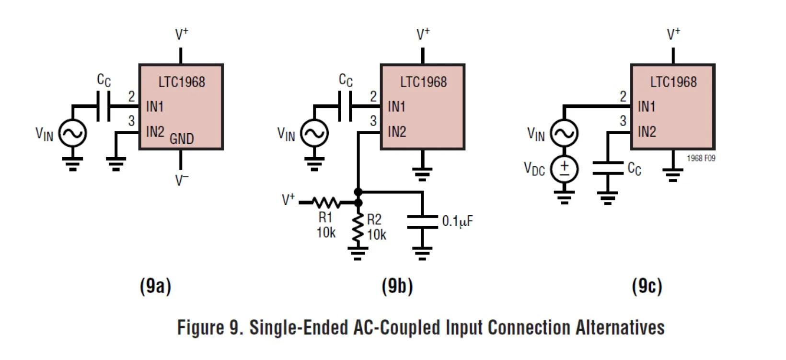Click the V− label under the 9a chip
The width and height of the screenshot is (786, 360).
[182, 180]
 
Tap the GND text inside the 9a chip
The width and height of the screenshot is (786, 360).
[182, 139]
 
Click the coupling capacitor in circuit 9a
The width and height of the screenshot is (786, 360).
[104, 106]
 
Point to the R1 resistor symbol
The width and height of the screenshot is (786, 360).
[326, 203]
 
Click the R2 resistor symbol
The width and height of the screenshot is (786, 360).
[358, 228]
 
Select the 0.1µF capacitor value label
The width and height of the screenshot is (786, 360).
[457, 221]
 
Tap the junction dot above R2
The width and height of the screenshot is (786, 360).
[358, 192]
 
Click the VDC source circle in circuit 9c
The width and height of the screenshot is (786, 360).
[564, 169]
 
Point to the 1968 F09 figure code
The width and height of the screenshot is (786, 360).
[701, 158]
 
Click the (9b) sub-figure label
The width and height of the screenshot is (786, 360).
[397, 286]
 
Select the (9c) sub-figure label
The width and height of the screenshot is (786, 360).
[647, 286]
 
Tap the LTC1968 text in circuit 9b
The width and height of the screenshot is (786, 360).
[423, 82]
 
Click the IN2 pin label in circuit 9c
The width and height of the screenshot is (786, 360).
[647, 131]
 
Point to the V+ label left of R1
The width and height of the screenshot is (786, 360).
[289, 199]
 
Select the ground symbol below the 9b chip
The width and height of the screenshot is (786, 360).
[422, 173]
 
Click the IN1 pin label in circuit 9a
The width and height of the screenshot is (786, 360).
[155, 106]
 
